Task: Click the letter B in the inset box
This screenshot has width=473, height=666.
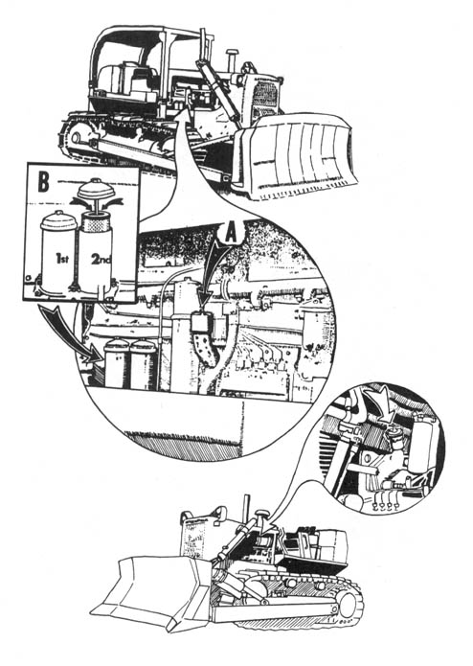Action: (x=43, y=182)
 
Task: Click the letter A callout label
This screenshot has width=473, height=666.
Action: (x=231, y=232)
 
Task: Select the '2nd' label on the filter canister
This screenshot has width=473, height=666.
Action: (x=101, y=259)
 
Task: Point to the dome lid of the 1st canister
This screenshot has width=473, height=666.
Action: (x=58, y=219)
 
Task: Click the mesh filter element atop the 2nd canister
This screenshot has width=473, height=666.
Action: (x=96, y=222)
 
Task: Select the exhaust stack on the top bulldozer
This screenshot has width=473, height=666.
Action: (x=232, y=60)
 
